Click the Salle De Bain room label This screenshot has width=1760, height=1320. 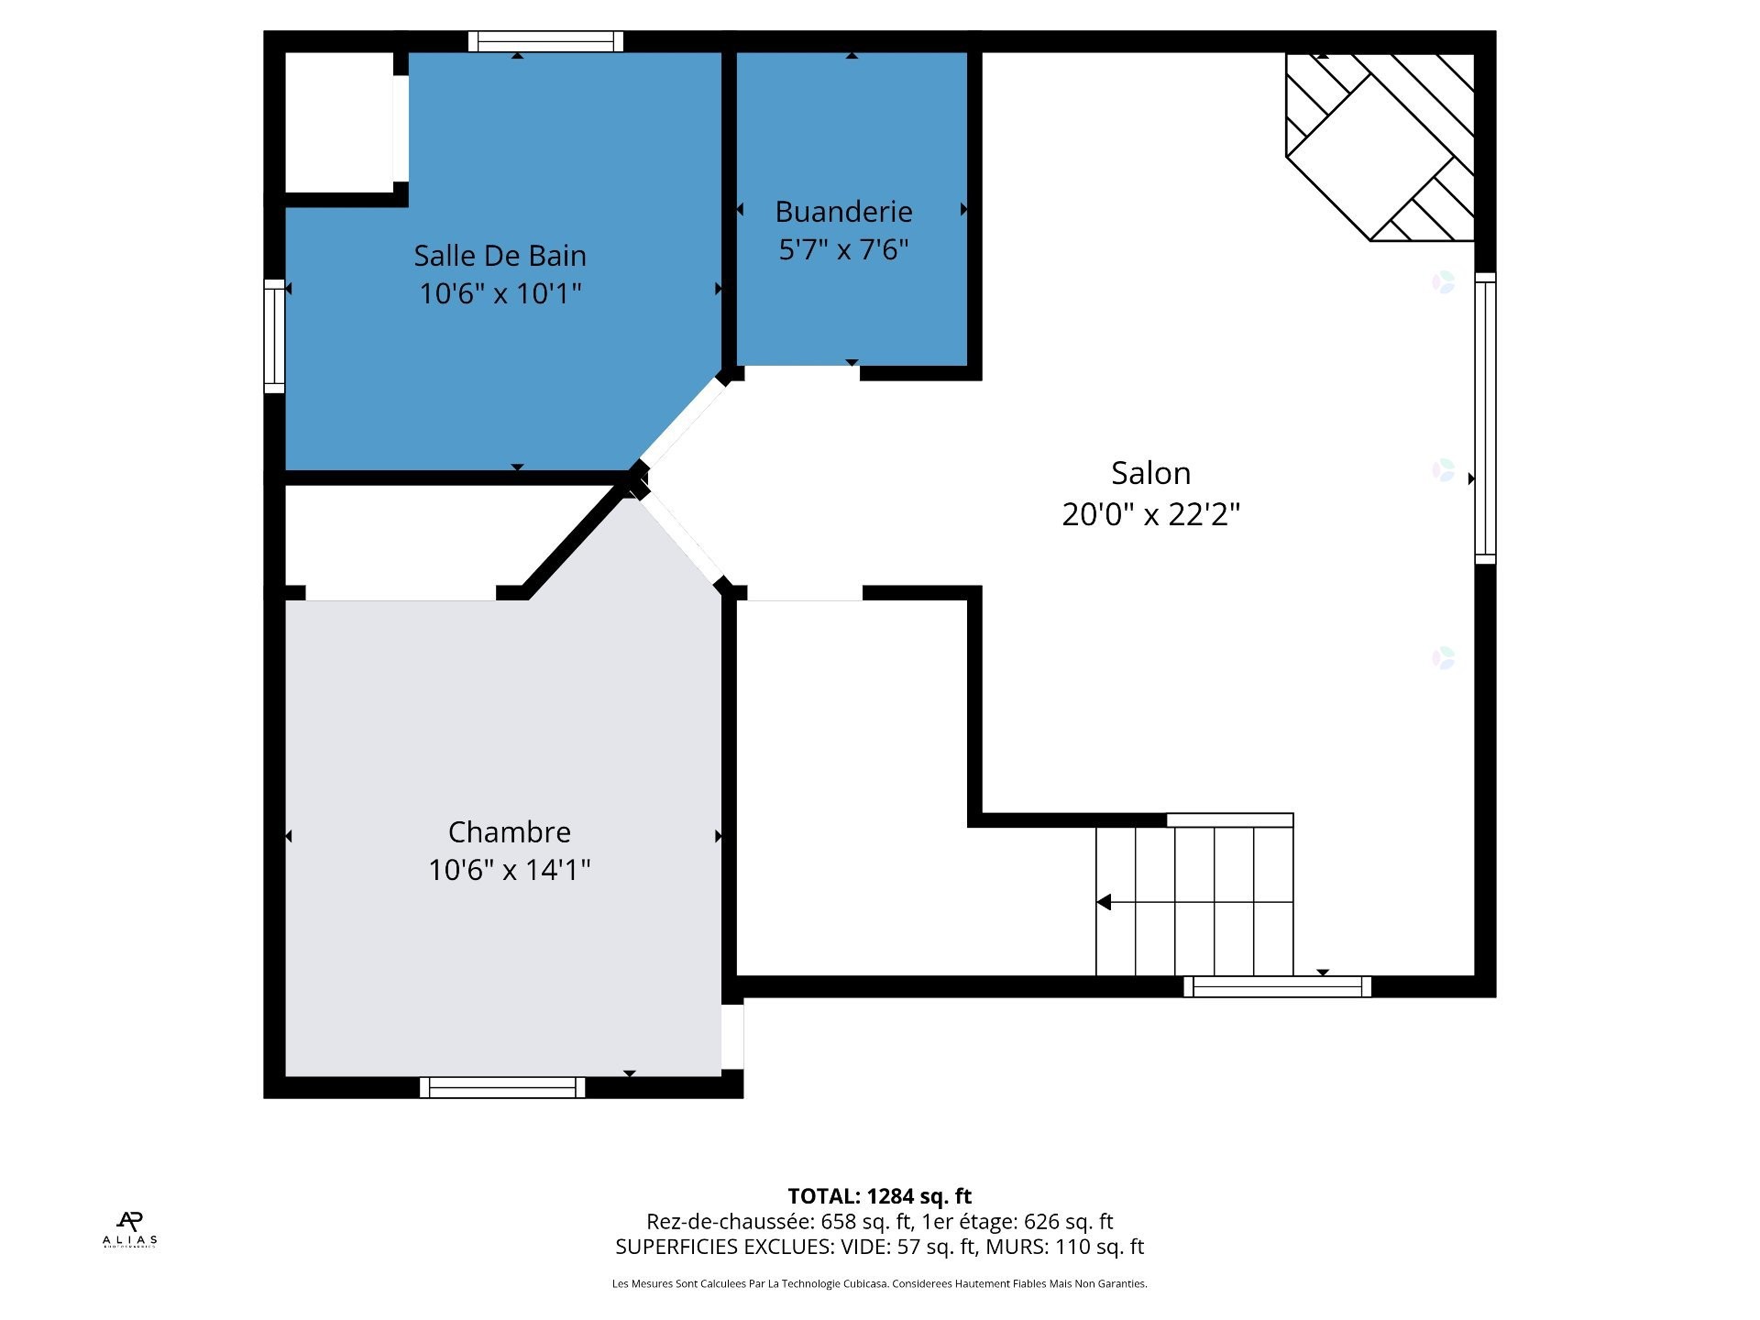coord(500,255)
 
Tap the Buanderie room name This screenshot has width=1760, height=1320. coord(843,212)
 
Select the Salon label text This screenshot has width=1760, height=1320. coord(1150,473)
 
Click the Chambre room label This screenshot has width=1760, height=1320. coord(509,831)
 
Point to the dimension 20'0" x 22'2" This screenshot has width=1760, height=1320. coord(1150,514)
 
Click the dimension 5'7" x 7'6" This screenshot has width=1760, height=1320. coord(843,249)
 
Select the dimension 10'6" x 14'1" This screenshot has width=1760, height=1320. coord(509,869)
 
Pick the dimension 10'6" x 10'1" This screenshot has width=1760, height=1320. coord(500,293)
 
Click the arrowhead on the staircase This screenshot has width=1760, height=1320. coord(1104,902)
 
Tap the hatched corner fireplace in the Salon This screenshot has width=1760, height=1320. coord(1380,147)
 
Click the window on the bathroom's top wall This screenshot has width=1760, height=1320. coord(545,41)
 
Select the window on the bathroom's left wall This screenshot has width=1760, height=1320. coord(274,335)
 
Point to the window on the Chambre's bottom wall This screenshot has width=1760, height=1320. coord(502,1087)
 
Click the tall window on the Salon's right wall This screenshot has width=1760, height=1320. coord(1485,418)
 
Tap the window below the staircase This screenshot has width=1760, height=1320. coord(1277,986)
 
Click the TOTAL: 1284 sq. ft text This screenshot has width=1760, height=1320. coord(879,1196)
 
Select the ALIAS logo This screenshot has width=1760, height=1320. coord(129,1229)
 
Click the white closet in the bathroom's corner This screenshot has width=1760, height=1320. coord(339,122)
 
